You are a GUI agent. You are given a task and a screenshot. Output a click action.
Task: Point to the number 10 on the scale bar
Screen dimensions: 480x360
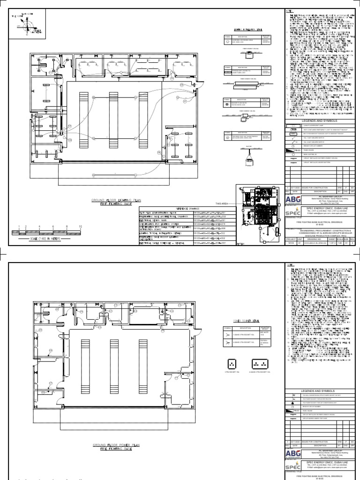pyautogui.click(x=81, y=226)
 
